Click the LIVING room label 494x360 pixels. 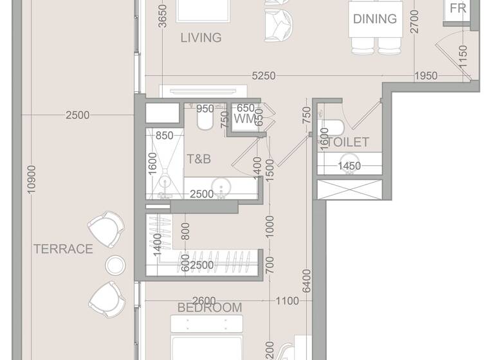pos(201,38)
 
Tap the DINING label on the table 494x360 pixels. pos(374,19)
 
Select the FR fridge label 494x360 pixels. pos(458,8)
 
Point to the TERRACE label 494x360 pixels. pos(63,249)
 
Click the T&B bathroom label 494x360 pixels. pos(199,158)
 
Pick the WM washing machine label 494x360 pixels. pos(245,120)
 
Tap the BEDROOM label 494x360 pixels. pos(210,307)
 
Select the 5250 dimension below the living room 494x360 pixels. pos(264,76)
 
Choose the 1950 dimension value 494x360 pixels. pos(425,76)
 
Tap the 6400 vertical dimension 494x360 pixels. pos(307,280)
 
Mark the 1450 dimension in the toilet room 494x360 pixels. pos(349,166)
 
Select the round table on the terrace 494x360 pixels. pos(115,265)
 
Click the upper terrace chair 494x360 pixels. pos(105,229)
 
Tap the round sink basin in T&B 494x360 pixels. pos(223,190)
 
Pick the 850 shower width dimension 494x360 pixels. pos(164,136)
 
